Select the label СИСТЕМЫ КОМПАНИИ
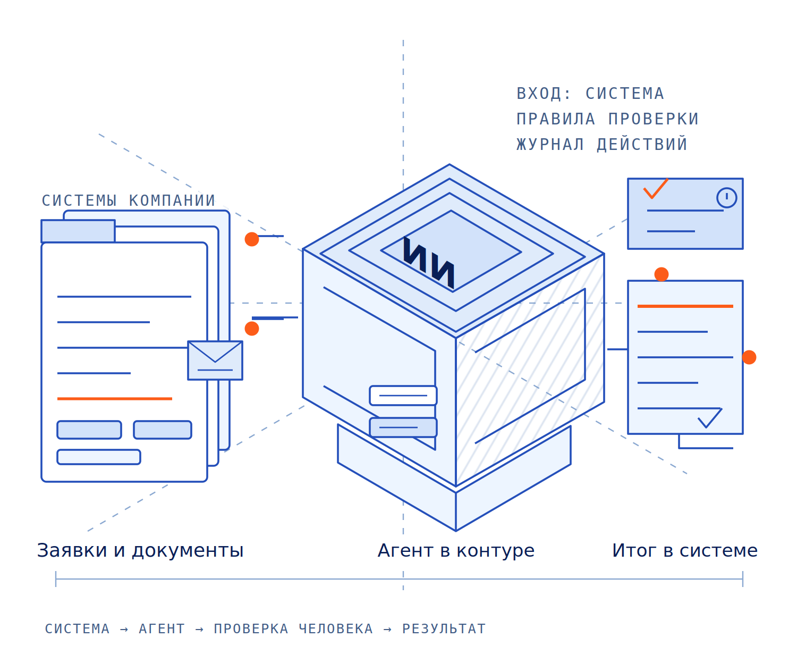pyautogui.click(x=128, y=200)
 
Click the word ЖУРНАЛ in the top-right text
pyautogui.click(x=550, y=144)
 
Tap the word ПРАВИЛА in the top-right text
pyautogui.click(x=555, y=119)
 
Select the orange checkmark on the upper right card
pyautogui.click(x=655, y=188)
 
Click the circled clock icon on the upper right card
pyautogui.click(x=726, y=197)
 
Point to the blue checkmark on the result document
pyautogui.click(x=709, y=417)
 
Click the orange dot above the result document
pyautogui.click(x=661, y=274)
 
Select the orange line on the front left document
pyautogui.click(x=115, y=398)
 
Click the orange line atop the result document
pyautogui.click(x=685, y=306)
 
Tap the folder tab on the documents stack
pyautogui.click(x=78, y=231)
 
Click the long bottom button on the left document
pyautogui.click(x=99, y=457)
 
